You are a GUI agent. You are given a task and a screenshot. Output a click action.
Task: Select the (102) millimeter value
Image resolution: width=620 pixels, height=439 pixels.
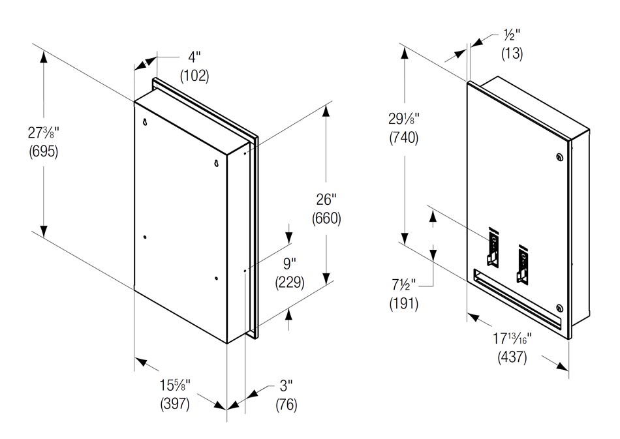[194, 76]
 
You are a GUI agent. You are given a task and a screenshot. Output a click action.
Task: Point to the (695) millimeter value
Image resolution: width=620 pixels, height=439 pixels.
[44, 152]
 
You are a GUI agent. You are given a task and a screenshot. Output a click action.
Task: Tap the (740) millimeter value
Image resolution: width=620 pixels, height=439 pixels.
[403, 138]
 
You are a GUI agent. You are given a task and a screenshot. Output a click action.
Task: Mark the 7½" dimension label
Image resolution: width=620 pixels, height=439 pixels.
[403, 286]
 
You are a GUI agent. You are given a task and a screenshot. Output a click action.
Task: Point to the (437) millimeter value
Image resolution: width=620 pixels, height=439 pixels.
[512, 357]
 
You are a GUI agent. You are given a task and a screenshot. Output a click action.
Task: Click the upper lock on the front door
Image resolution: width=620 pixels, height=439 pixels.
[559, 157]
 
